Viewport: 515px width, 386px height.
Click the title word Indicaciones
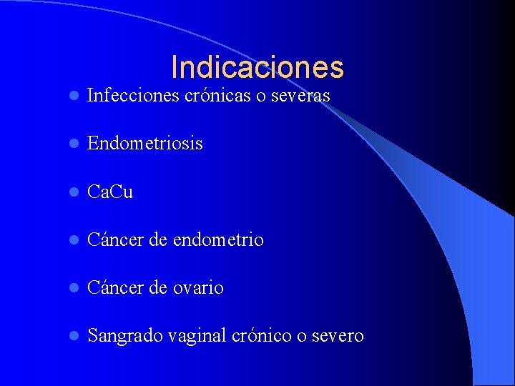(x=257, y=67)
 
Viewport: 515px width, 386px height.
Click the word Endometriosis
(x=144, y=144)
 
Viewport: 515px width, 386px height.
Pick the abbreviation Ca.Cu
(x=109, y=192)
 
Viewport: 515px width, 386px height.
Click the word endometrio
(x=217, y=240)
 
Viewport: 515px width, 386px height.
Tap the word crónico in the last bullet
(x=260, y=336)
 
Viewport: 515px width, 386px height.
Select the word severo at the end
(x=337, y=336)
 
